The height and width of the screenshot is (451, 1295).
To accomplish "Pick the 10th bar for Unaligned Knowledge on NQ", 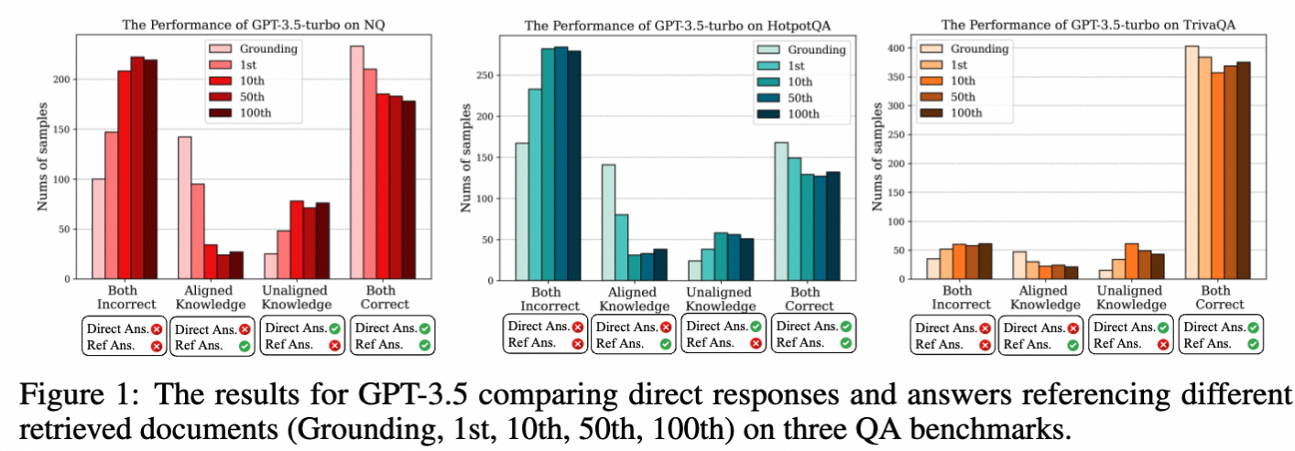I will tap(297, 240).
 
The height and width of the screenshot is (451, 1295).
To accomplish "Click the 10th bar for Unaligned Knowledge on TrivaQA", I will tap(1131, 261).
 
